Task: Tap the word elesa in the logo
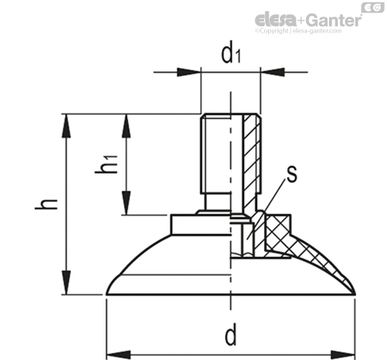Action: tap(274, 20)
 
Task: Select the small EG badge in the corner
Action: tap(370, 6)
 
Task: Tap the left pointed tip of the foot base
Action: tap(108, 294)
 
